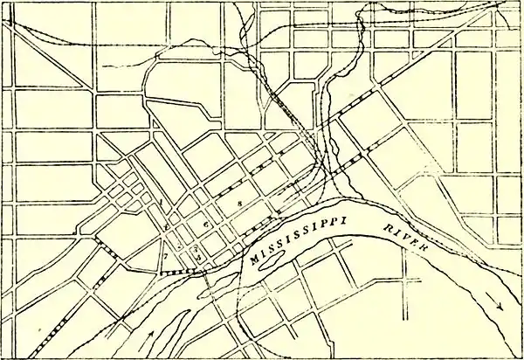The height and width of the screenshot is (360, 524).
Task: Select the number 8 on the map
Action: coord(238,202)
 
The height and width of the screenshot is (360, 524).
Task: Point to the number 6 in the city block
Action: coord(206,225)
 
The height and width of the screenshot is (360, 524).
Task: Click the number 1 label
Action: coord(163,202)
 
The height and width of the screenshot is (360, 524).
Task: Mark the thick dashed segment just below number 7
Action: coord(179,273)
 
